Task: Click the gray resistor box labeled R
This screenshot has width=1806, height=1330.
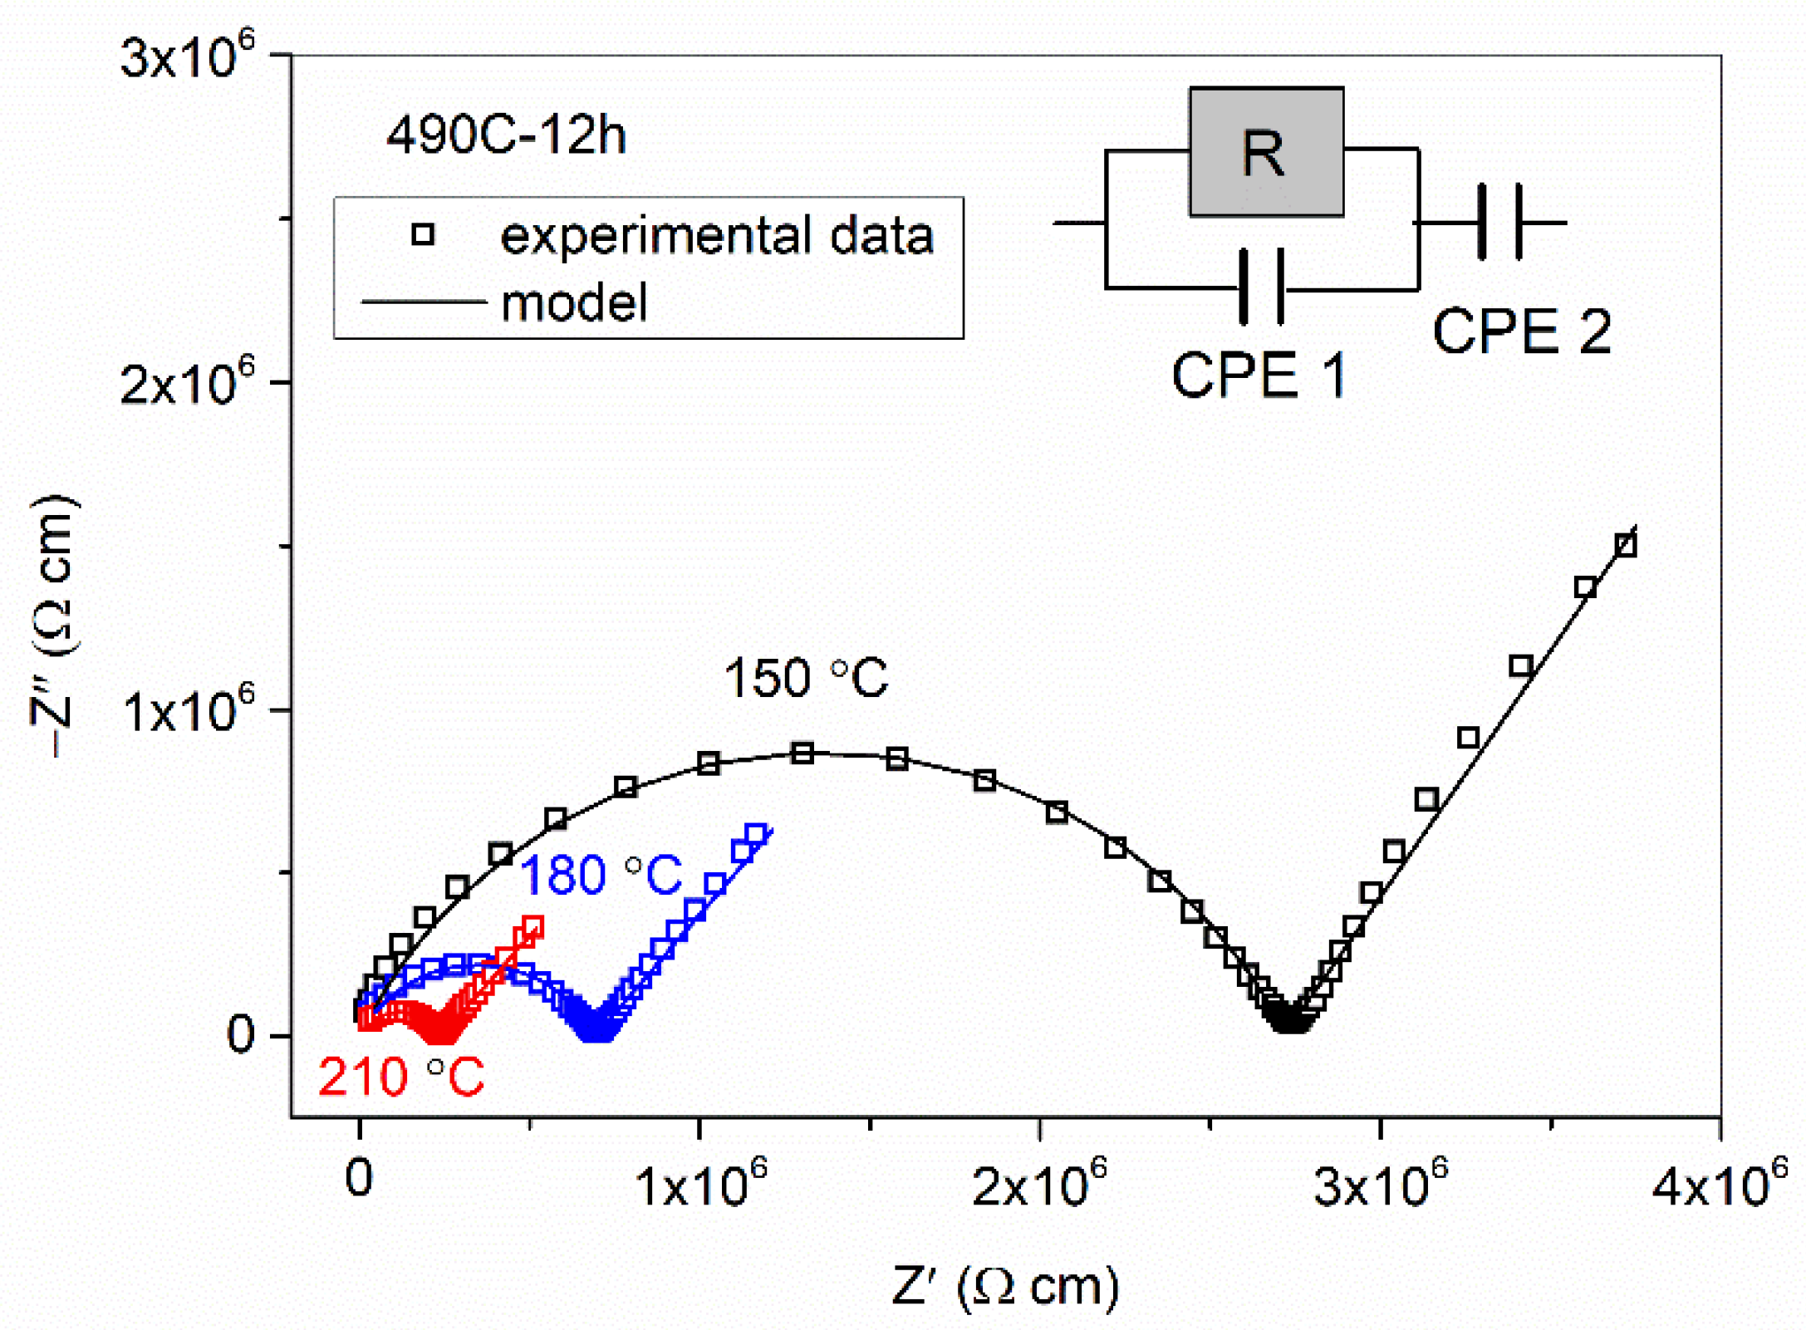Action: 1266,152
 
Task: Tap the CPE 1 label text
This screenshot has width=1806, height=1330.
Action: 1258,375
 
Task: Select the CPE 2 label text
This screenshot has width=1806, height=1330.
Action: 1521,331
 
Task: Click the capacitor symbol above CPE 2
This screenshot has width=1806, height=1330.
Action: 1499,222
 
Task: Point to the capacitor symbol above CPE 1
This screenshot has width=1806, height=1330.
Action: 1261,287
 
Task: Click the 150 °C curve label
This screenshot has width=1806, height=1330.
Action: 805,678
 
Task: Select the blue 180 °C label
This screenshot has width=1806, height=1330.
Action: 600,875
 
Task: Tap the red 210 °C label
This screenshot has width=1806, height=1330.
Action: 400,1077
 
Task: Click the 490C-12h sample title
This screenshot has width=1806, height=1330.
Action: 505,135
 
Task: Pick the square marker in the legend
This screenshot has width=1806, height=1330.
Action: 423,235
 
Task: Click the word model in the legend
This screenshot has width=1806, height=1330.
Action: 574,302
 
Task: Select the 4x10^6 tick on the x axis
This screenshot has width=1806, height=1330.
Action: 1718,1185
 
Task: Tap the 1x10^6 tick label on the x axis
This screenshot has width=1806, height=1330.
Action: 700,1185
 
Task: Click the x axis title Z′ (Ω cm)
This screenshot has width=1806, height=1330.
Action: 1004,1286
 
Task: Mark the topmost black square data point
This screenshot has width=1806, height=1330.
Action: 1625,546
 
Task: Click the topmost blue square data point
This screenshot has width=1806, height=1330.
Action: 756,834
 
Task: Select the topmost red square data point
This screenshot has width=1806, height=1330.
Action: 533,925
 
